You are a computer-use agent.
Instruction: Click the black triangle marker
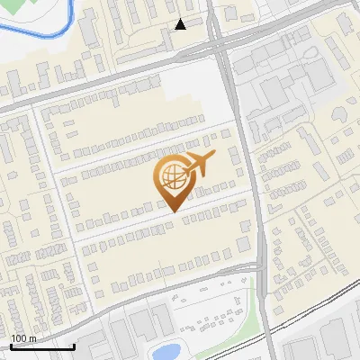click(181, 24)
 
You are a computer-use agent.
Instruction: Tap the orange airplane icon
click(199, 165)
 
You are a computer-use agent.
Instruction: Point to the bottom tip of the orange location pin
click(171, 211)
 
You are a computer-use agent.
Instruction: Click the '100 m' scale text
click(23, 338)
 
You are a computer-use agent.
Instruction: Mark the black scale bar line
click(42, 346)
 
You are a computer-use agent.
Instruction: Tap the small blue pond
click(166, 351)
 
